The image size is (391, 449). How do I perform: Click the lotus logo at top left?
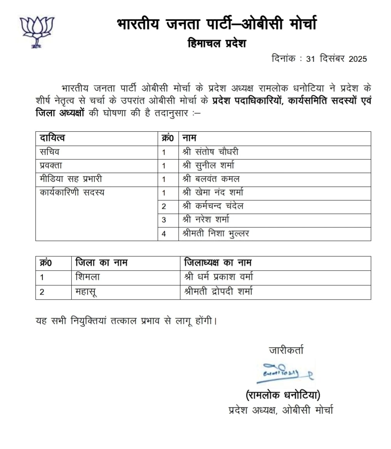(x=37, y=32)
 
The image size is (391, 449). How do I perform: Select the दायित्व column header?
(x=52, y=138)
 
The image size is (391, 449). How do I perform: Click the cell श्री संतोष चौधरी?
(x=210, y=152)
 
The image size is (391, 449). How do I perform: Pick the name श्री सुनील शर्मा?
(x=208, y=166)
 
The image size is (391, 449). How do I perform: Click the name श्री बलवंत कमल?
(x=211, y=179)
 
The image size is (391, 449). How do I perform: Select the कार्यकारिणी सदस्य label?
(x=72, y=192)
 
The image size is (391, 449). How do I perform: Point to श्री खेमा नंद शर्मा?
(x=213, y=192)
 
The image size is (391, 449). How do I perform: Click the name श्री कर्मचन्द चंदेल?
(x=213, y=206)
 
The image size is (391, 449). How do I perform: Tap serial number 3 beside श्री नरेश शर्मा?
(x=164, y=220)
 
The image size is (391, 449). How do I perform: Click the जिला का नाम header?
(x=101, y=263)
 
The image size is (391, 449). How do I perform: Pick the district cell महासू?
(x=86, y=292)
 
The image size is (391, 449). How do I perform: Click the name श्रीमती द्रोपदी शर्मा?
(x=218, y=292)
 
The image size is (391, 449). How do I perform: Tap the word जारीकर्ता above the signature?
(x=286, y=350)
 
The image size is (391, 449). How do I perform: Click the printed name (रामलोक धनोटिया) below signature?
(x=283, y=395)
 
